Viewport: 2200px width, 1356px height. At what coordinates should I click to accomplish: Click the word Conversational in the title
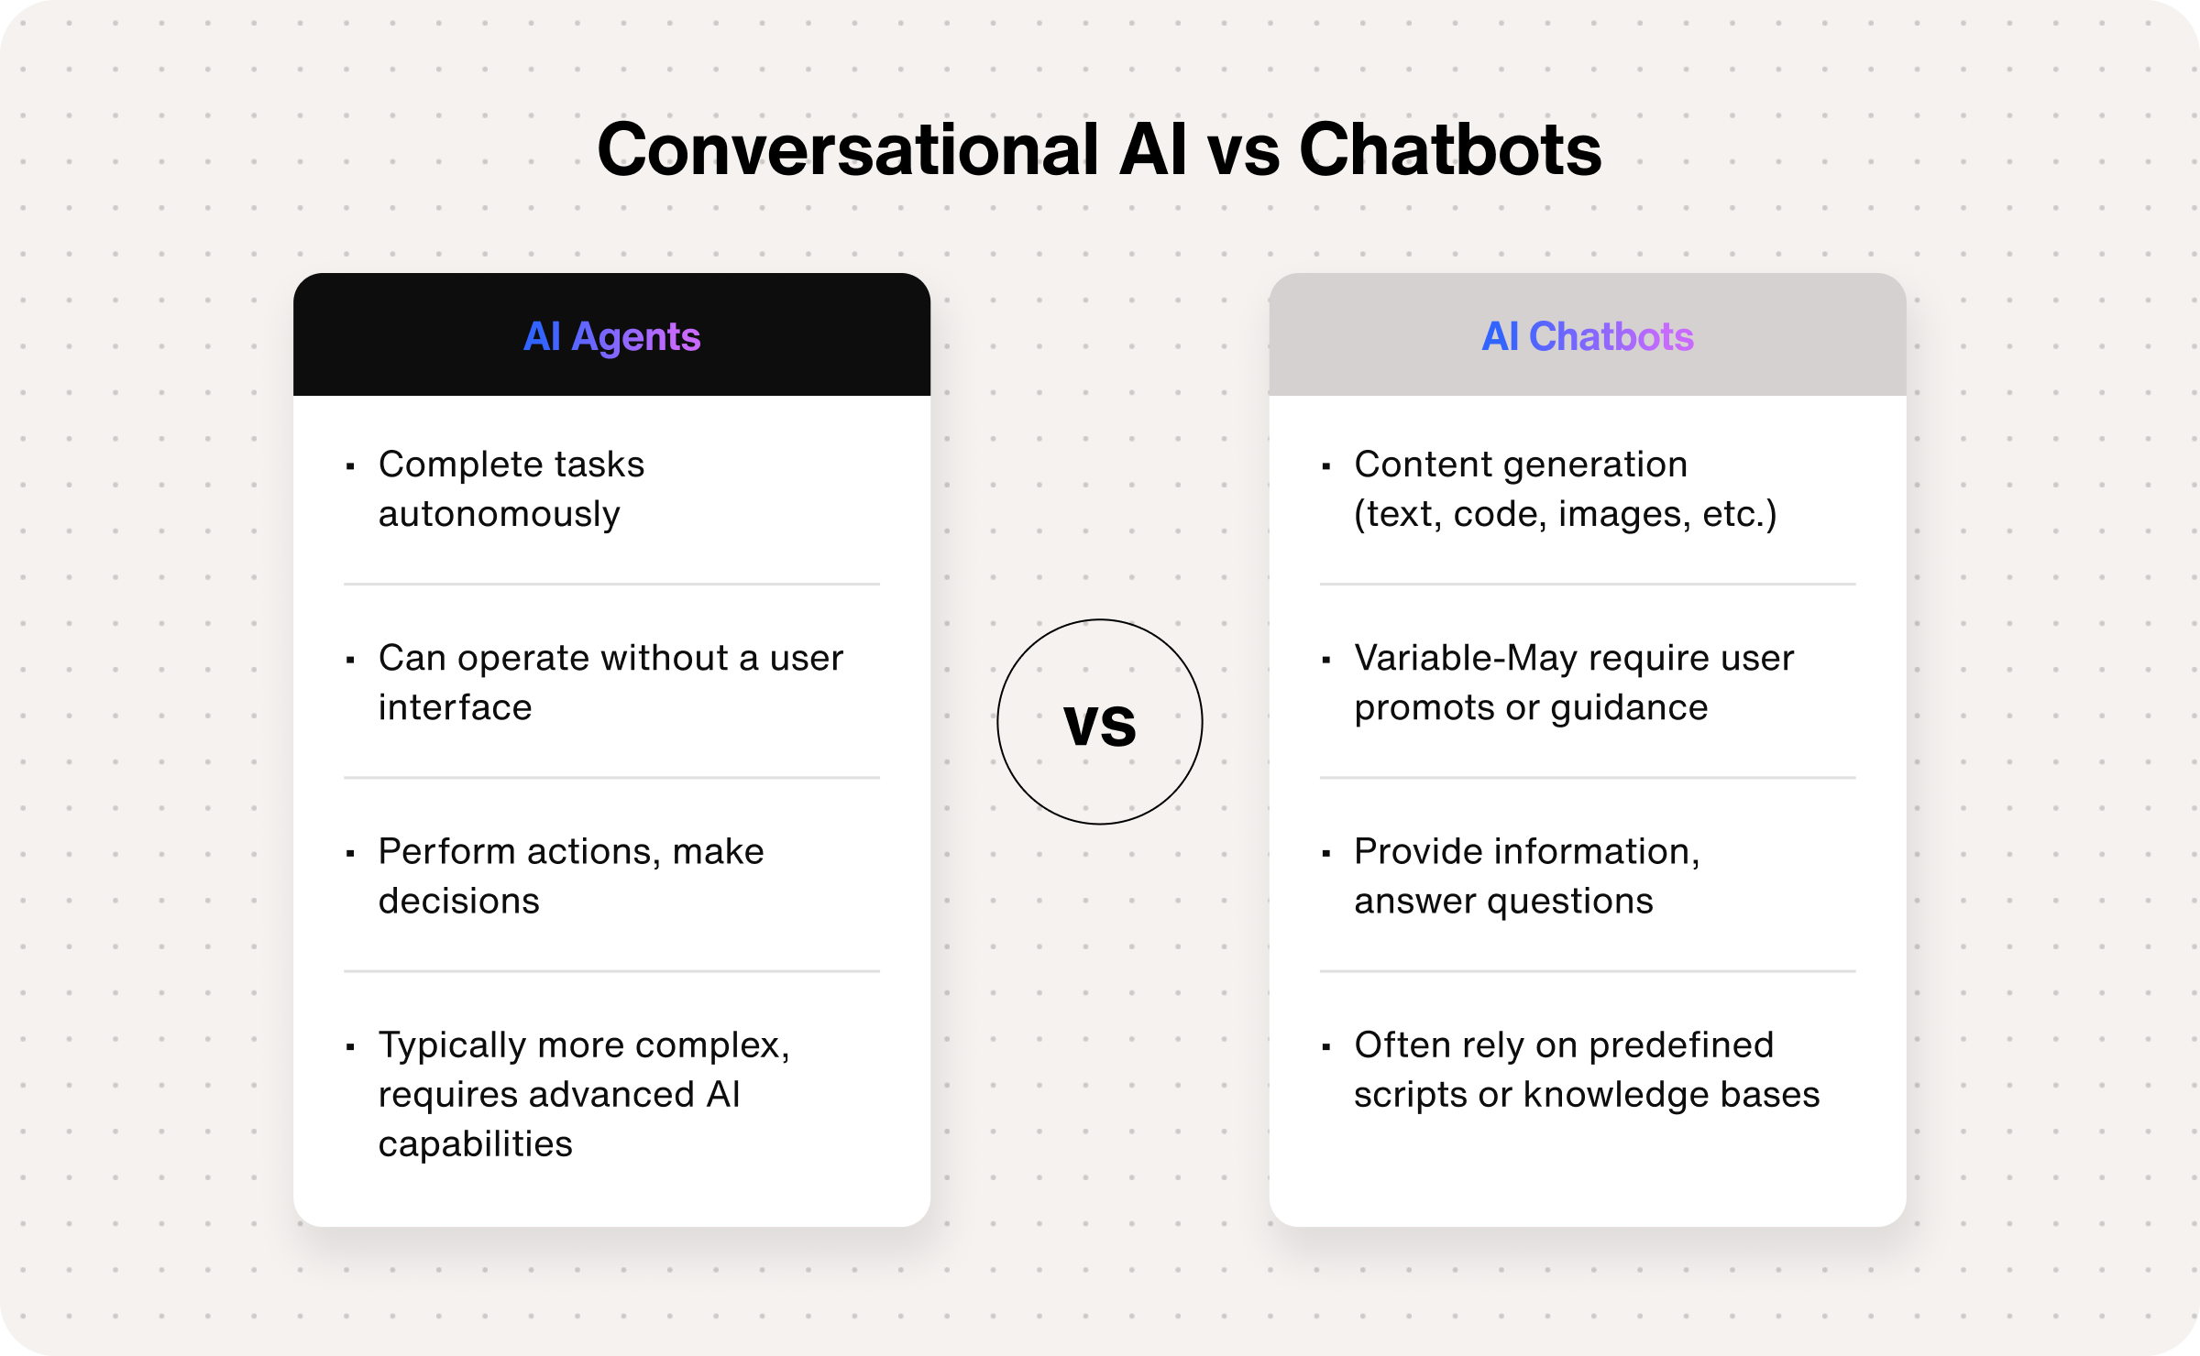tap(848, 150)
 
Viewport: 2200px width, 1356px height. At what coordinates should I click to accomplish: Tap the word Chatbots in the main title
tap(1450, 150)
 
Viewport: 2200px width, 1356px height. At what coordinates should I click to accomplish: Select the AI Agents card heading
tap(611, 336)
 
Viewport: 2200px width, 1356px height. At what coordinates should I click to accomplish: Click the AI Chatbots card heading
tap(1588, 336)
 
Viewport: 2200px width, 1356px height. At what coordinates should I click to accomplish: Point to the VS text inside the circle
tap(1100, 724)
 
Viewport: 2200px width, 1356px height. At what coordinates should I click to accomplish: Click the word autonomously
tap(500, 515)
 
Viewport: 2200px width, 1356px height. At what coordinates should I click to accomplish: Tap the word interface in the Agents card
tap(455, 707)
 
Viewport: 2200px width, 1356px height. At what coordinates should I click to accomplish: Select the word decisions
tap(459, 901)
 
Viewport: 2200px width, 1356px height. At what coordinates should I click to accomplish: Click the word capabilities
tap(476, 1144)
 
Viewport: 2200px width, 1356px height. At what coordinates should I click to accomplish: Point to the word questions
tap(1570, 902)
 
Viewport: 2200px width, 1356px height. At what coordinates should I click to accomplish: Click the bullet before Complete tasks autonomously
tap(350, 466)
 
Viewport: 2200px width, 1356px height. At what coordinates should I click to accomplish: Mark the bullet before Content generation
tap(1325, 466)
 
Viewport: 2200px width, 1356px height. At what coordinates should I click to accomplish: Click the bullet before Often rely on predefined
tap(1325, 1046)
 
